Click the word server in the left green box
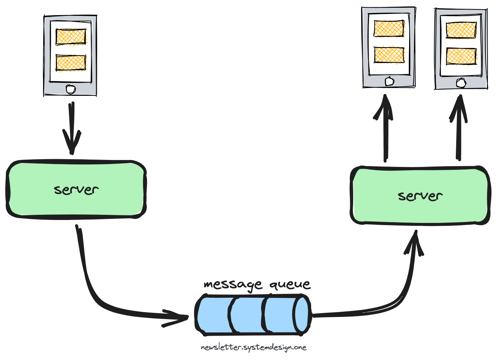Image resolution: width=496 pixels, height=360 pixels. coord(76,190)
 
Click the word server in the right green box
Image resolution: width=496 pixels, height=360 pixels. coord(420,196)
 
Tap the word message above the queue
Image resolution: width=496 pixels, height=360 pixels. coord(233,284)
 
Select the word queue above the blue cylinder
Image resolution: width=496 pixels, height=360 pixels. coord(290,284)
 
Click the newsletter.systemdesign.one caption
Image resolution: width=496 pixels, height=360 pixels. coord(253,347)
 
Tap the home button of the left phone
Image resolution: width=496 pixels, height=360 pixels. coord(70,89)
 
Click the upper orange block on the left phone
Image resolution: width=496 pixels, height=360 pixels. coord(71,36)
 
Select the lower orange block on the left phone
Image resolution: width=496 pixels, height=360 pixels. coord(71,63)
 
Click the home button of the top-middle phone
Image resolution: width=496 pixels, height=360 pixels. coord(389,81)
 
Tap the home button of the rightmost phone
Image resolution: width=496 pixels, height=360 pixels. coord(461,83)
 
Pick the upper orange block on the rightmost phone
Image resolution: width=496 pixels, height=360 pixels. coord(461,30)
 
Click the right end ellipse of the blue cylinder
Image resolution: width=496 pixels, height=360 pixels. coord(302,314)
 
